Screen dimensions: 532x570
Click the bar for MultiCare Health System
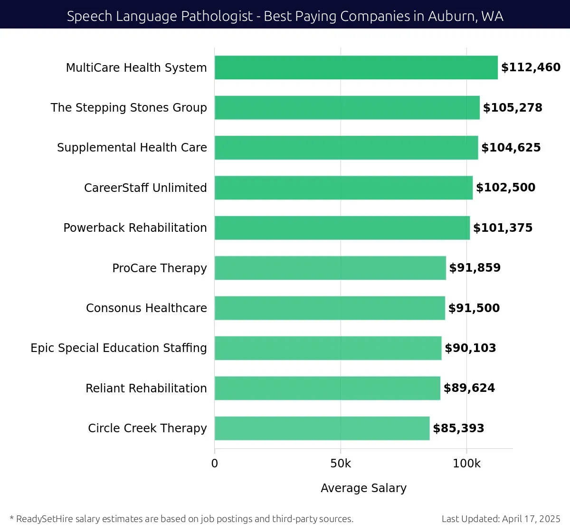(356, 67)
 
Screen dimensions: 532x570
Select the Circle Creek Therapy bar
(322, 428)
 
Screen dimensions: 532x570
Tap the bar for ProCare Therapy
(330, 268)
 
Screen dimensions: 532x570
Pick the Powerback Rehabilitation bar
(342, 228)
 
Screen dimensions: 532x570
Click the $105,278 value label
(513, 108)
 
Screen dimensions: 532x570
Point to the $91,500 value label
(474, 308)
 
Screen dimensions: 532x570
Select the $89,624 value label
(469, 388)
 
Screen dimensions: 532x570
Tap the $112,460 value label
(531, 67)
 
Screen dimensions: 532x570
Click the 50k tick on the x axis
(341, 464)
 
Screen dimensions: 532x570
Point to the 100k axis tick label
(466, 464)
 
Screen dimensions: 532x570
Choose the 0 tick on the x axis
(215, 464)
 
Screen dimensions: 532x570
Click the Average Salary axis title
(363, 488)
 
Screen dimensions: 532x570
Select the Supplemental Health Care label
(132, 148)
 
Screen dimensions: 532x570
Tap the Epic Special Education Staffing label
(119, 348)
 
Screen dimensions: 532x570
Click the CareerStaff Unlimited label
(145, 188)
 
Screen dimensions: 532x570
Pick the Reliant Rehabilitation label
(146, 389)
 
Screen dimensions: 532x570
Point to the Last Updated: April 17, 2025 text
(501, 519)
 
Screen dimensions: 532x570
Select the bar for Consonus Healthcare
(330, 308)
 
